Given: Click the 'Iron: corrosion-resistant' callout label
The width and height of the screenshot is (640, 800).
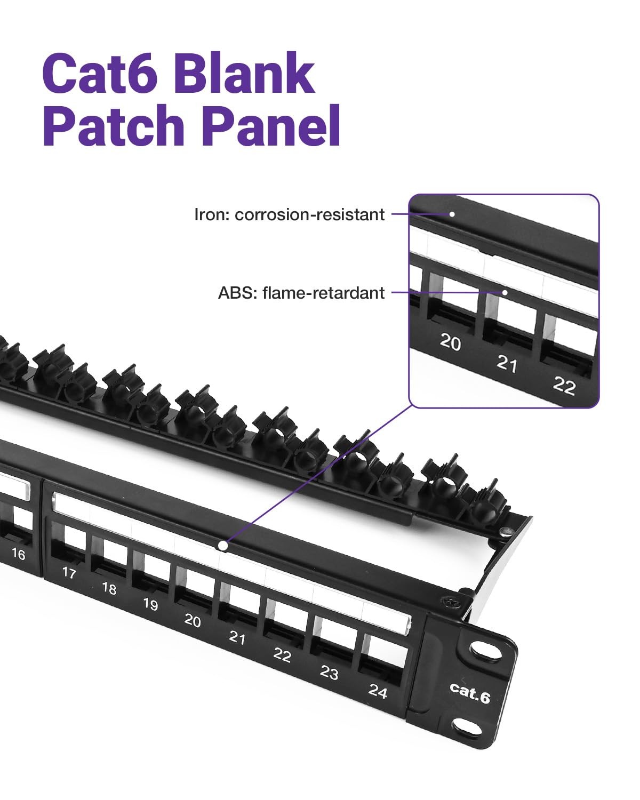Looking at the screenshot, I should pos(290,214).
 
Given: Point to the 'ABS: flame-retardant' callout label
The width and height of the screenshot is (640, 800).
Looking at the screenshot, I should pos(301,293).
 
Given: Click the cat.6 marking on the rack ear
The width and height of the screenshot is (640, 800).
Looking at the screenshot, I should pos(469,692).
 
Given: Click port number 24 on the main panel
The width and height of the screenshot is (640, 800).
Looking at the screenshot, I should pos(378,691).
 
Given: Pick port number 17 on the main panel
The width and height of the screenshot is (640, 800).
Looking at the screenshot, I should pos(69,573).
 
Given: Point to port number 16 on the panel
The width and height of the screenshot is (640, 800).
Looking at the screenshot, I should pos(18,554).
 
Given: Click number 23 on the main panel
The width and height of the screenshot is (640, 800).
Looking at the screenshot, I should pos(329,673).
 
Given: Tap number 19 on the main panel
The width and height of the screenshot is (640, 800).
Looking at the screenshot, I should pos(150,604).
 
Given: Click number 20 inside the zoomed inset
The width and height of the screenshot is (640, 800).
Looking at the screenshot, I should pos(450,342).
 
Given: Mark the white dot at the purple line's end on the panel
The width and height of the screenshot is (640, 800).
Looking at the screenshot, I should pos(223,546).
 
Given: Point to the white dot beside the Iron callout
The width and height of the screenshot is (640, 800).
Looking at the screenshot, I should pos(452,214).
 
